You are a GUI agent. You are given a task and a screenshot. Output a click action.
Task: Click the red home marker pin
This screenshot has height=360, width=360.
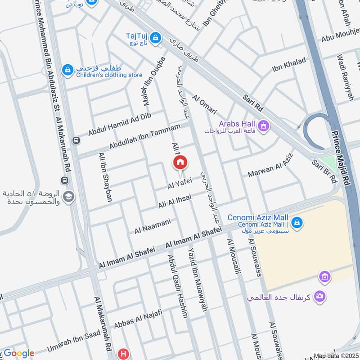[x=180, y=162]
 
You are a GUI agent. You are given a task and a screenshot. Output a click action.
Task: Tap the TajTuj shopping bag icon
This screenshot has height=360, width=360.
[x=156, y=37]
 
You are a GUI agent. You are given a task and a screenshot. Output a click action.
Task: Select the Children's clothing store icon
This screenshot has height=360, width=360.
[x=67, y=70]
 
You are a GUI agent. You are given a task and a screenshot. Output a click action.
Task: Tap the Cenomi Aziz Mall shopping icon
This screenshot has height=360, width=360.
[x=297, y=222]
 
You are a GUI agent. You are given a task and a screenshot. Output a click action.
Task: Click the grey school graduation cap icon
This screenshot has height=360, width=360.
[x=68, y=197]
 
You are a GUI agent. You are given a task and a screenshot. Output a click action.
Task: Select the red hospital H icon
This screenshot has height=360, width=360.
[x=123, y=354]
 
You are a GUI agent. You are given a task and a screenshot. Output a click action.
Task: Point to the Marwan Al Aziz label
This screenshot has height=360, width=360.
[x=267, y=168]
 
